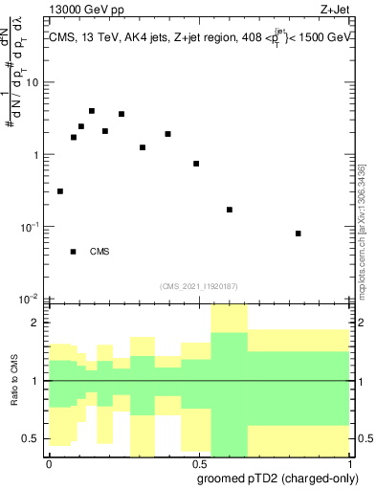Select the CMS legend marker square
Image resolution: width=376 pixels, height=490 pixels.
[x=74, y=252]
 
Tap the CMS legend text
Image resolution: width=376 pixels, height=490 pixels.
[x=100, y=252]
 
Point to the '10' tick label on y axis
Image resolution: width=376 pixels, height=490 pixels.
[x=33, y=82]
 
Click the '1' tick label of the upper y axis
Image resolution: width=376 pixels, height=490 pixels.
[x=36, y=155]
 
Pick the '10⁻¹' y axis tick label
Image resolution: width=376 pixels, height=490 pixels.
[x=30, y=226]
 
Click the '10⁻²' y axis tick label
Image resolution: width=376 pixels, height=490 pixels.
[x=30, y=298]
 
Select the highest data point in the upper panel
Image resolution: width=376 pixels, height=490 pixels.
[x=92, y=111]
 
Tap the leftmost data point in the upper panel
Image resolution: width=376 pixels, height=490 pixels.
[x=60, y=191]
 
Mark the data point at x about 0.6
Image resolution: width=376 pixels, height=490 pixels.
[x=230, y=210]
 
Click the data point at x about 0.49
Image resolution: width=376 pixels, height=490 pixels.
[x=196, y=164]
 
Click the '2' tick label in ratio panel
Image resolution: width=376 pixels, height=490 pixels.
[x=38, y=323]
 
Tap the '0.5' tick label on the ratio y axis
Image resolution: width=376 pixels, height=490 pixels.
[x=33, y=438]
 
